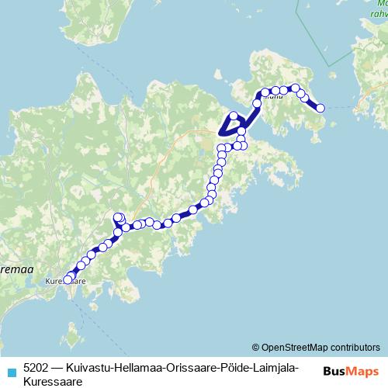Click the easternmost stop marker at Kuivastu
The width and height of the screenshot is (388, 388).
[320, 109]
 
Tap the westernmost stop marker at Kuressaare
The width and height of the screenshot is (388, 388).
[67, 280]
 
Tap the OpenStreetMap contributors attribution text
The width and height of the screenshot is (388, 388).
[321, 347]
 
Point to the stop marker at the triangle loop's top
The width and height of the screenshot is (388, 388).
[233, 116]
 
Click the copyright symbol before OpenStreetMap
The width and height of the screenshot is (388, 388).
[256, 347]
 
